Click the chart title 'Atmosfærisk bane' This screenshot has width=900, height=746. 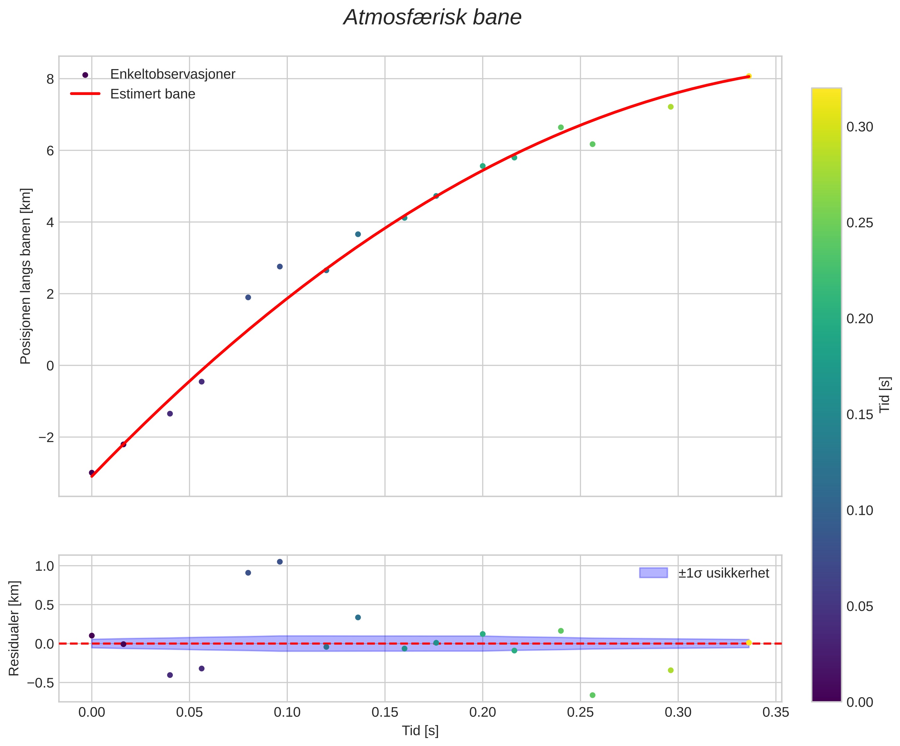[432, 18]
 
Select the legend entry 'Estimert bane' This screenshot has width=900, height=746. [153, 94]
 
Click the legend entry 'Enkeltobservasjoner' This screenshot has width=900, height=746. [173, 74]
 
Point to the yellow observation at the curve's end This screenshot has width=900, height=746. [748, 76]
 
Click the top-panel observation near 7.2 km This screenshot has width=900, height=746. [671, 107]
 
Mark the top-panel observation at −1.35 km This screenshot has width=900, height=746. [170, 414]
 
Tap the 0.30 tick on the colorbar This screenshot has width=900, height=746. [860, 127]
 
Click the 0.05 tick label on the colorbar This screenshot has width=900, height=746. [860, 606]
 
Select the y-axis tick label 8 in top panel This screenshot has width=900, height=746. [50, 79]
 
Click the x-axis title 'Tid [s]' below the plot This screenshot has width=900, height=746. [420, 731]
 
